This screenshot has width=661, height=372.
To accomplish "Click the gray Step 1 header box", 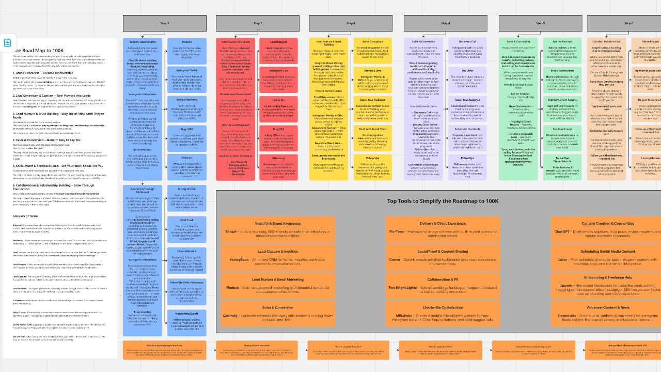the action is tap(164, 23).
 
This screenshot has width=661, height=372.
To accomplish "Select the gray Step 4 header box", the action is tap(445, 23).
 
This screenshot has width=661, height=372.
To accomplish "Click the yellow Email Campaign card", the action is tap(372, 49).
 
